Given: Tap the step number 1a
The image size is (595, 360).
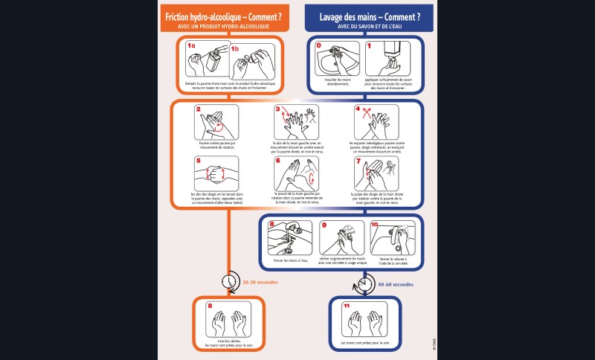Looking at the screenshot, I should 191,46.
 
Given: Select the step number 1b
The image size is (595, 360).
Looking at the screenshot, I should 235,48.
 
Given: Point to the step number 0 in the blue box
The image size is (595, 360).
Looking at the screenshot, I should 320,46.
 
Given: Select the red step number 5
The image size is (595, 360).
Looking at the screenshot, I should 199,161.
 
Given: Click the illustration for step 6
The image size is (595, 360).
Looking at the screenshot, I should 297,173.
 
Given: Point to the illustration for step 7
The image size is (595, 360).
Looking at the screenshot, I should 376,173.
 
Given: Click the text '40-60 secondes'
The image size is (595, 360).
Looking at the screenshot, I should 396,283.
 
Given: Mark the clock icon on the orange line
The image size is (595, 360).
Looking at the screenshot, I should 228,283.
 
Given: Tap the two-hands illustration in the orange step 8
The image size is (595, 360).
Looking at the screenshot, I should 228,321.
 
